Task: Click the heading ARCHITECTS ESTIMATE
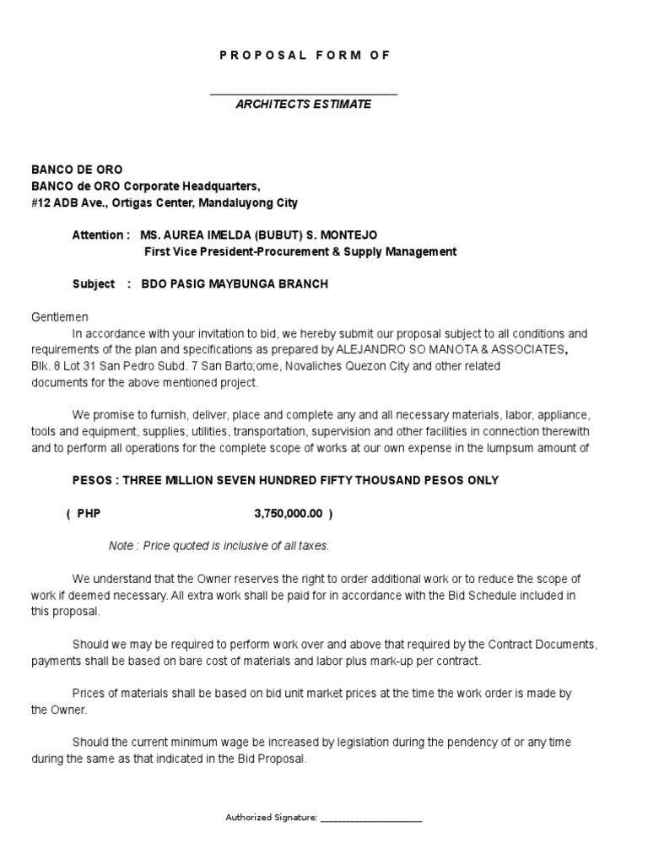coord(303,104)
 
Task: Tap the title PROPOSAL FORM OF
coord(305,55)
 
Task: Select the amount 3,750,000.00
coord(288,513)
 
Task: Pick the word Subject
coord(94,283)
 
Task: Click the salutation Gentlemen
coord(60,316)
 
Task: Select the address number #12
coord(43,202)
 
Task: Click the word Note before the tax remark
coord(121,546)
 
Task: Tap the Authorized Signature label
coord(272,818)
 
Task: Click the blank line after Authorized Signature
coord(371,818)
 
